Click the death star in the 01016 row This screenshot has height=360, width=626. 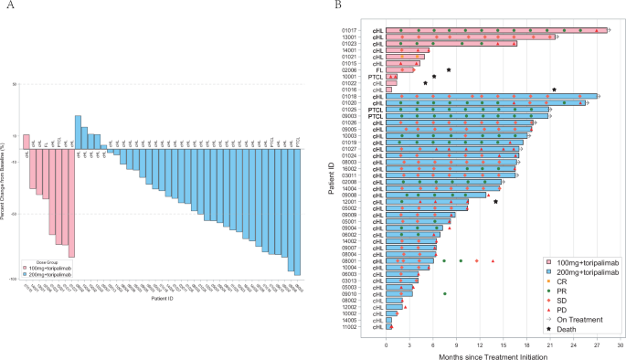555,90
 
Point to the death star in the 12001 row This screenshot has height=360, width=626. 495,201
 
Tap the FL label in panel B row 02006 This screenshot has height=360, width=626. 377,69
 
